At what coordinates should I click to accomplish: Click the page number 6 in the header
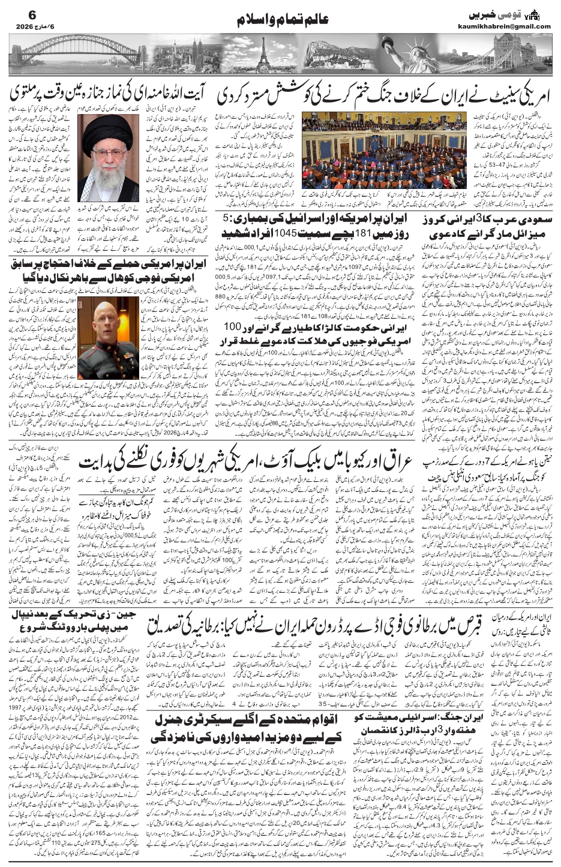point(16,13)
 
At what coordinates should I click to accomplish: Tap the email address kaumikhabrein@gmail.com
point(511,26)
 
